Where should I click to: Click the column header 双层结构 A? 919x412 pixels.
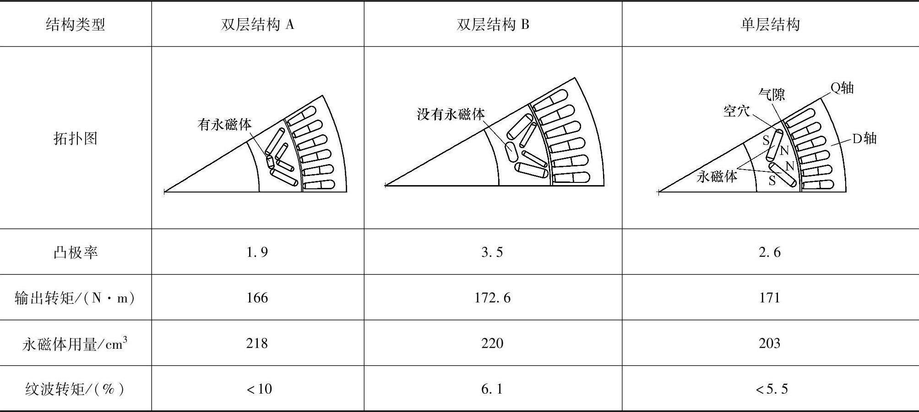point(257,24)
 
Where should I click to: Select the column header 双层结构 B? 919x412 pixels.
point(493,24)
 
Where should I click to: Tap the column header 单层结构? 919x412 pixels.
point(770,24)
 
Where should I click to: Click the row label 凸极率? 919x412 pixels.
point(76,252)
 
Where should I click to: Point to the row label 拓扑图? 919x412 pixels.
point(76,138)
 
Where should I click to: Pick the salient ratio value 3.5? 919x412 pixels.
point(492,252)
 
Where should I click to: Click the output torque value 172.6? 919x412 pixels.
point(492,298)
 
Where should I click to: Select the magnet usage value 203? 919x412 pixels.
point(769,343)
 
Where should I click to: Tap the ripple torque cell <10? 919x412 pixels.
point(259,389)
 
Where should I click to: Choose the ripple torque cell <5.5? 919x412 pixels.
point(772,389)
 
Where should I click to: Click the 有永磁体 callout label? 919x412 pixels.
point(224,124)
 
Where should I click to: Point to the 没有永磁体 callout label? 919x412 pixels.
point(451,114)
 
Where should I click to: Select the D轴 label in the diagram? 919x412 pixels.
point(864,138)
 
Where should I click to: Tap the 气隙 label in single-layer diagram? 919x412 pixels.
point(772,94)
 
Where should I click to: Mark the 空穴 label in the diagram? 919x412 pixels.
point(736,111)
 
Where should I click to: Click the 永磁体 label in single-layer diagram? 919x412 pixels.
point(717,176)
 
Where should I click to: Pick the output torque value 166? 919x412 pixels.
point(257,298)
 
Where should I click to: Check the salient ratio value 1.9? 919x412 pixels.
point(257,252)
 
